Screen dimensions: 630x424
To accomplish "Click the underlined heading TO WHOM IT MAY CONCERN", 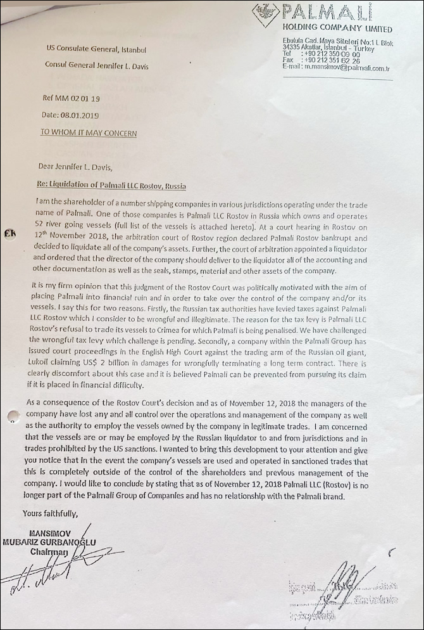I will tap(88, 133).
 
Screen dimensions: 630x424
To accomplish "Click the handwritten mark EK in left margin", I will tap(9, 233).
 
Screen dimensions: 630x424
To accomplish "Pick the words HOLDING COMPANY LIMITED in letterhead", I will tap(337, 29).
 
